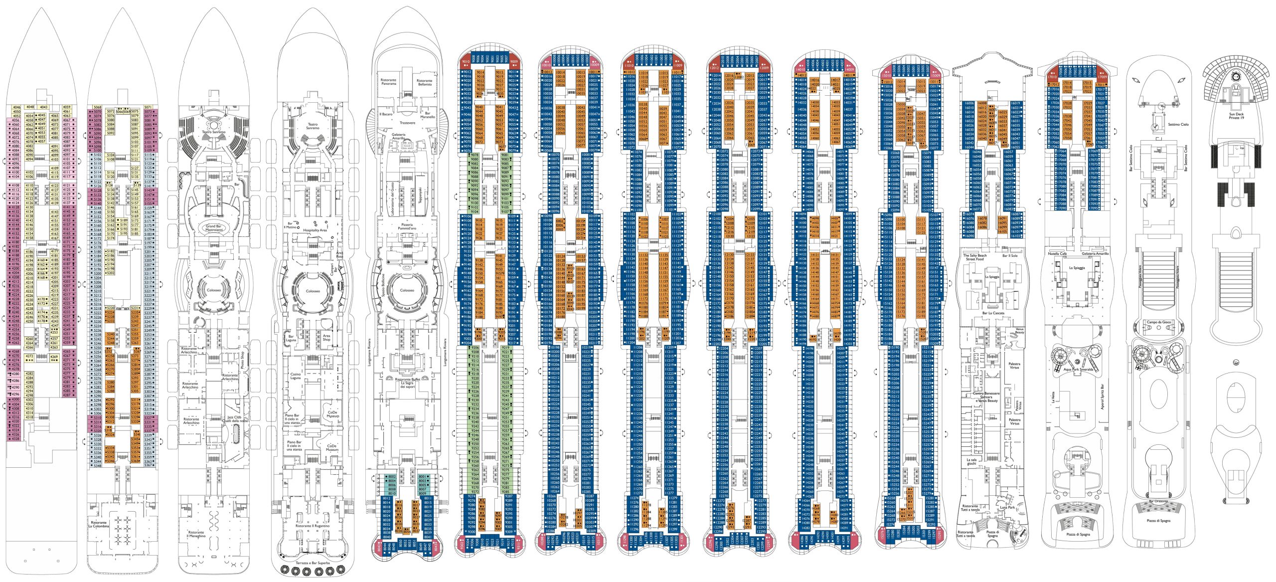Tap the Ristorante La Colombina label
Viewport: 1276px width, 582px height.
[x=98, y=524]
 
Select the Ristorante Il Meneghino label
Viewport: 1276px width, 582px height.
[x=196, y=534]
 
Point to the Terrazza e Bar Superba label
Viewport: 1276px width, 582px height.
[x=313, y=563]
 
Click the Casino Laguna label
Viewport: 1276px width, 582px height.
[x=296, y=376]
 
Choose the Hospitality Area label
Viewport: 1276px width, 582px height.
[x=315, y=230]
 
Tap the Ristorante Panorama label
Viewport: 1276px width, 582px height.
[x=388, y=82]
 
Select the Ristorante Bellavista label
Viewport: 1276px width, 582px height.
[x=424, y=82]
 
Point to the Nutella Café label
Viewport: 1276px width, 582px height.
[x=1056, y=254]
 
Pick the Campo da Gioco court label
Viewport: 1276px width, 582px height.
[x=1158, y=322]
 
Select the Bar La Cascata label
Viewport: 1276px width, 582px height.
[x=993, y=313]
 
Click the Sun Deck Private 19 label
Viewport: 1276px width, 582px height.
[x=1236, y=116]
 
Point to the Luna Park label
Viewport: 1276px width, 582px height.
[x=1007, y=507]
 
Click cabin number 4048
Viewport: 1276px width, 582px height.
[x=30, y=107]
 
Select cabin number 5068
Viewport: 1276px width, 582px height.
[x=97, y=107]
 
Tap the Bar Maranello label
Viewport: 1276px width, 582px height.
[x=428, y=115]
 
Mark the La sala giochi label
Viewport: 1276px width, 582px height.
[x=971, y=461]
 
